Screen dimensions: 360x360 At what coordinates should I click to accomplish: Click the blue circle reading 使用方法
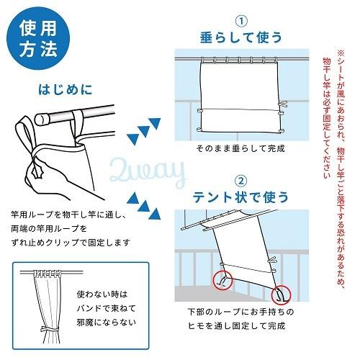click(38, 38)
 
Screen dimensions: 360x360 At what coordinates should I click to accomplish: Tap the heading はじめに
click(66, 89)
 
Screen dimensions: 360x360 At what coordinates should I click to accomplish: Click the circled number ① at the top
click(241, 21)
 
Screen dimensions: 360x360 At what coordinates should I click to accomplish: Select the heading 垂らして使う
click(240, 37)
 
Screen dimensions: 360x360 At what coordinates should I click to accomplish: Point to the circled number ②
click(240, 181)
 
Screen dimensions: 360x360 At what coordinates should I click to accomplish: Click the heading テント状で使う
click(240, 197)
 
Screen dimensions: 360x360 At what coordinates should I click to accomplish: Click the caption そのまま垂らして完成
click(240, 148)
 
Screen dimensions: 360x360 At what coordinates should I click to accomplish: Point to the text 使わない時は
click(102, 294)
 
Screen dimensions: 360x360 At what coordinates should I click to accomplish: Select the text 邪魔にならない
click(107, 322)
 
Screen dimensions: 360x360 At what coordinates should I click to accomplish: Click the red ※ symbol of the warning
click(341, 53)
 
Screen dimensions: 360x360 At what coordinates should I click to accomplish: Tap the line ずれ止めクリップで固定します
click(71, 243)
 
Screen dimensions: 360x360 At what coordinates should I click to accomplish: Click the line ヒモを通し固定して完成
click(237, 325)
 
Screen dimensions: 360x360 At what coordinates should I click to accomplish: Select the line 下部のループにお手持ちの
click(240, 312)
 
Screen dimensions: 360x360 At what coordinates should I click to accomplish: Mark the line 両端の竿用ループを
click(49, 229)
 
